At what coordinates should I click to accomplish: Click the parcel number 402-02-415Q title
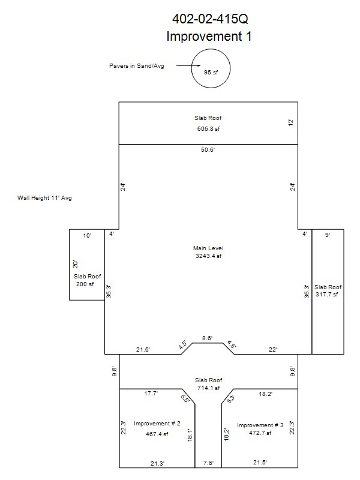click(x=210, y=19)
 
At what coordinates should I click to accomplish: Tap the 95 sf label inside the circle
click(x=211, y=72)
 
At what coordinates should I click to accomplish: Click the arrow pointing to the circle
click(x=188, y=65)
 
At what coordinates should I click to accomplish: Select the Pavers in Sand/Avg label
click(x=137, y=66)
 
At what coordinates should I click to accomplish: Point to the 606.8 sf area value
click(x=208, y=129)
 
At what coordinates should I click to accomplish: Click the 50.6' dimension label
click(x=208, y=149)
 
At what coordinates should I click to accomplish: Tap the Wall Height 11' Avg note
click(x=44, y=198)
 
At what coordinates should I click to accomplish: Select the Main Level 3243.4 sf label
click(x=208, y=252)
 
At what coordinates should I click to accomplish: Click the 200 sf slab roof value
click(x=85, y=284)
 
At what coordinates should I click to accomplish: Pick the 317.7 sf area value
click(x=327, y=294)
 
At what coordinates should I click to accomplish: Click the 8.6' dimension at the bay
click(x=207, y=338)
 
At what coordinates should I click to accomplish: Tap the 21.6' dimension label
click(x=143, y=349)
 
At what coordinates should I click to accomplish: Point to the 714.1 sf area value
click(x=208, y=388)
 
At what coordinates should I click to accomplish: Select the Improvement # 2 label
click(x=157, y=424)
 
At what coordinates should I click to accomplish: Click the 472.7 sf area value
click(x=260, y=433)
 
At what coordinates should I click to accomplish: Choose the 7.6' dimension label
click(x=208, y=463)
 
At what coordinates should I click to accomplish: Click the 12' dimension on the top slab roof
click(x=291, y=122)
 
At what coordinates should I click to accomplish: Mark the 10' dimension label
click(x=87, y=235)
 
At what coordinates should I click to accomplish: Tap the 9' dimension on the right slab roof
click(x=327, y=235)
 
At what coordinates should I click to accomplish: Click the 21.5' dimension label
click(x=260, y=462)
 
